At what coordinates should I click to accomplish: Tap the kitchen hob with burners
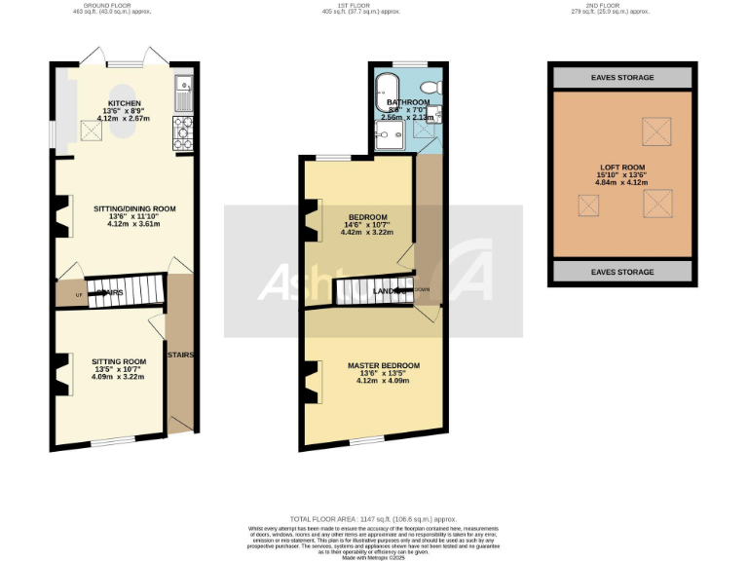183,132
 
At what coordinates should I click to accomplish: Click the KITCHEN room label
125,103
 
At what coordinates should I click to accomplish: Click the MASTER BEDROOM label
384,365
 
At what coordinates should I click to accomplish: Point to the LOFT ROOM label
621,168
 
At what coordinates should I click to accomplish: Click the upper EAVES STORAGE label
621,77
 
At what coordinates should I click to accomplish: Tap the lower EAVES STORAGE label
621,272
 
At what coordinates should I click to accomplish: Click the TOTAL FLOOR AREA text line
373,519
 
